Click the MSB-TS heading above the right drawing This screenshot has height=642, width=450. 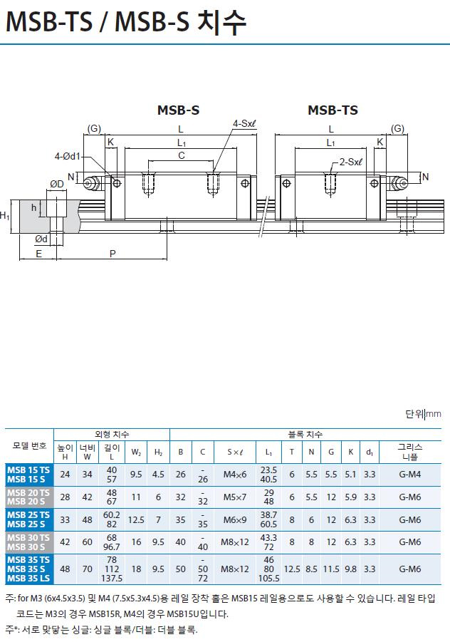333,110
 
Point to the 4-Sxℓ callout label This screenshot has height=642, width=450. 244,124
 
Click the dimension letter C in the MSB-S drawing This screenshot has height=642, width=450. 182,155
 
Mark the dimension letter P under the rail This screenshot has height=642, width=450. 113,253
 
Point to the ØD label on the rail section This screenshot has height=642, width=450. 57,185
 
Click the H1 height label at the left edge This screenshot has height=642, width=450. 5,215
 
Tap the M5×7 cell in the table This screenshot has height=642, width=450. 234,497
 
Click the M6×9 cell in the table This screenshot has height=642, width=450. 234,519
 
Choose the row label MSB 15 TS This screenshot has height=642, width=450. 28,470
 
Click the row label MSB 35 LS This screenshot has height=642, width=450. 28,578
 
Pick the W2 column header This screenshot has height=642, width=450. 135,452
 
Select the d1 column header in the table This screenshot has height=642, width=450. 369,452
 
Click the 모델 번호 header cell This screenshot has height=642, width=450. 29,445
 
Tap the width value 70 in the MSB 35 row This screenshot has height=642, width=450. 87,569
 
